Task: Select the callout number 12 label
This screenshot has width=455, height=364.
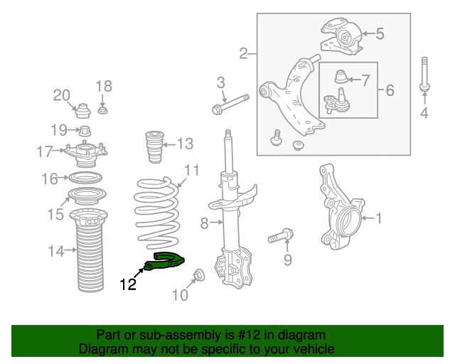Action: (x=128, y=285)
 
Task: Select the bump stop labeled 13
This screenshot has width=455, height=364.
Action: (x=153, y=146)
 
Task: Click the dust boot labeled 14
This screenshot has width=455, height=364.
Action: (x=90, y=250)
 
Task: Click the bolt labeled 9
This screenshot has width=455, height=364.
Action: (x=282, y=235)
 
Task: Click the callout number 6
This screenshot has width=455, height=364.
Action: (x=389, y=90)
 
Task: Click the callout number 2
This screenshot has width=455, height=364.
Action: (x=243, y=53)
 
